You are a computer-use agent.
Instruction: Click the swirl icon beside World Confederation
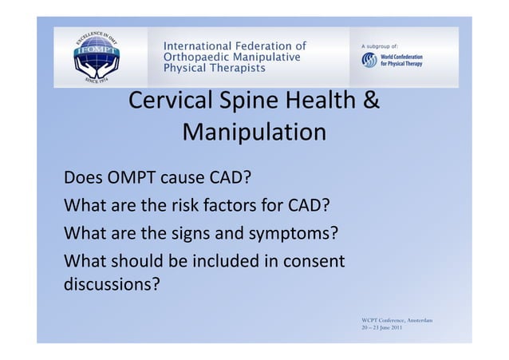click(369, 61)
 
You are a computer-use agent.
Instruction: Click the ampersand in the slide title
click(371, 103)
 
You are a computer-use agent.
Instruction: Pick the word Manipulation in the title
click(254, 132)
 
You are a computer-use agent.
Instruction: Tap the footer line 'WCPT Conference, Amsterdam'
click(397, 320)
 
